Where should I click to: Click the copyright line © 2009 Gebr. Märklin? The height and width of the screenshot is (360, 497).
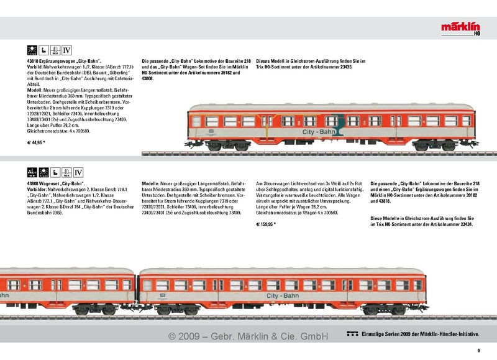point(248,336)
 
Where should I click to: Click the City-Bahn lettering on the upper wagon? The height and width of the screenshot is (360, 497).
point(320,132)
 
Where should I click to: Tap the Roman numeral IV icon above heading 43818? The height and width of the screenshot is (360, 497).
point(66,50)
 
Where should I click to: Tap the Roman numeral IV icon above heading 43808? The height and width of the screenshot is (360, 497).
point(78,172)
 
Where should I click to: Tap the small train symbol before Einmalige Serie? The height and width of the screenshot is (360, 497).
point(352,335)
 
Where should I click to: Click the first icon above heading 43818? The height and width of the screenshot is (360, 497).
point(32,50)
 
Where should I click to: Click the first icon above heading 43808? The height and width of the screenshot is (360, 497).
point(32,172)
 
